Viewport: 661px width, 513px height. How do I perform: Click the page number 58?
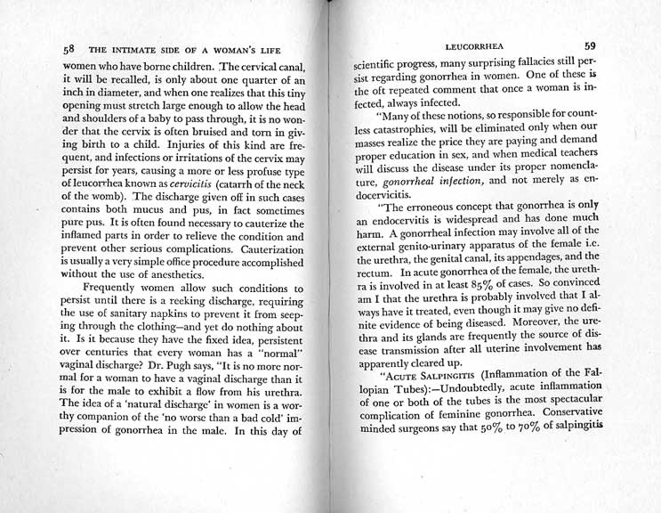pyautogui.click(x=57, y=50)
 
